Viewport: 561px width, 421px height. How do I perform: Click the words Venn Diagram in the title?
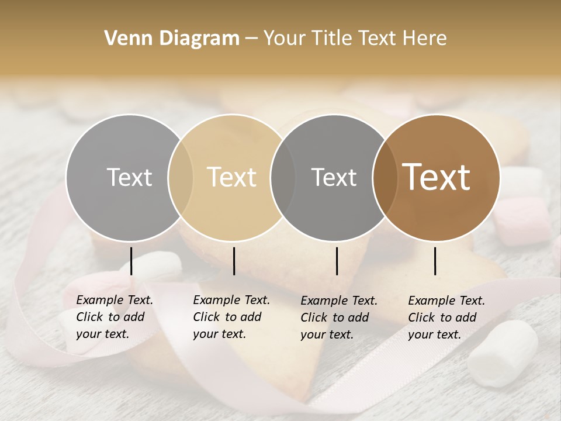pos(172,39)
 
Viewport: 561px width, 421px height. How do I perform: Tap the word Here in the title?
pos(424,39)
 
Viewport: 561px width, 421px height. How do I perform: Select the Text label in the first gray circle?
pos(129,177)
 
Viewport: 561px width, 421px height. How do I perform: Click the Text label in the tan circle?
pos(232,177)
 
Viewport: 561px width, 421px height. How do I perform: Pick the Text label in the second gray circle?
pos(334,177)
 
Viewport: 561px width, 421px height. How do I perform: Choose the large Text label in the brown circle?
pos(437,177)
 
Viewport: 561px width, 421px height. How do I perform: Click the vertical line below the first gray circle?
pos(131,261)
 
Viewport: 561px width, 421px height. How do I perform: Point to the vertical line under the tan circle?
pos(234,261)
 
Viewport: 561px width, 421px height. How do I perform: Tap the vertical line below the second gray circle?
pos(337,261)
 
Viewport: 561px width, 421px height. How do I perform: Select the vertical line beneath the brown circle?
pos(435,261)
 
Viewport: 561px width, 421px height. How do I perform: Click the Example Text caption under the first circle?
pos(114,317)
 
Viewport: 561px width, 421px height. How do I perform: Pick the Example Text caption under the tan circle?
pos(231,317)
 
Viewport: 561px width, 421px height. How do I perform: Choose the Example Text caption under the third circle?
pos(338,318)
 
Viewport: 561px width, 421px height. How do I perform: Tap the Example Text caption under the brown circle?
pos(446,318)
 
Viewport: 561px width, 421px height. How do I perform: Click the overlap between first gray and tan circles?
pos(181,177)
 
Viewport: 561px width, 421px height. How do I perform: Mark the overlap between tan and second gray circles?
pos(283,177)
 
